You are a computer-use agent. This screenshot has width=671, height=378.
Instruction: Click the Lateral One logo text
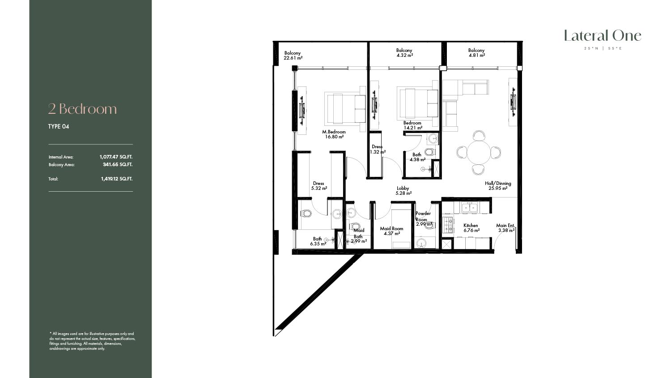pyautogui.click(x=603, y=36)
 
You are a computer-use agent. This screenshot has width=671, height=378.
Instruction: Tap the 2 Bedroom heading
pyautogui.click(x=82, y=109)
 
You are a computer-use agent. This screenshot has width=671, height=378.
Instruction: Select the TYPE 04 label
pyautogui.click(x=59, y=127)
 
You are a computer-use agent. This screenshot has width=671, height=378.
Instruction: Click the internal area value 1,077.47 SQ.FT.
pyautogui.click(x=116, y=157)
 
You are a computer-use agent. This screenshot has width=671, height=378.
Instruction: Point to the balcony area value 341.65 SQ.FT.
pyautogui.click(x=117, y=164)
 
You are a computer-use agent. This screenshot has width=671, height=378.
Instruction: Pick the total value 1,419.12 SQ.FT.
pyautogui.click(x=116, y=179)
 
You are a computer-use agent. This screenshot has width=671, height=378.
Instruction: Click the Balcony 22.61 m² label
pyautogui.click(x=293, y=56)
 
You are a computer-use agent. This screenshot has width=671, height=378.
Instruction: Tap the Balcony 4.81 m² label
pyautogui.click(x=476, y=53)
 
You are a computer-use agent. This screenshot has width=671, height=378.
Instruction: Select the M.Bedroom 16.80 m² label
pyautogui.click(x=334, y=134)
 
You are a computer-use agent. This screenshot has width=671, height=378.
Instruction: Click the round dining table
pyautogui.click(x=478, y=152)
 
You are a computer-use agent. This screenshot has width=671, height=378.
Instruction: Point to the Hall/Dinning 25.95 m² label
pyautogui.click(x=498, y=186)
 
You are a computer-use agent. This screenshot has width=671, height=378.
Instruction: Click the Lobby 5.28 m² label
pyautogui.click(x=403, y=191)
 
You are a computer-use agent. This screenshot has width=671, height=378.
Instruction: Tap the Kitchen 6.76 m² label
pyautogui.click(x=471, y=228)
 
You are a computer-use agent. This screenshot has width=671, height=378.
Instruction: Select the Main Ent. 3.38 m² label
pyautogui.click(x=505, y=228)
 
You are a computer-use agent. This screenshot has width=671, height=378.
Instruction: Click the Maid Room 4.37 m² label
pyautogui.click(x=391, y=231)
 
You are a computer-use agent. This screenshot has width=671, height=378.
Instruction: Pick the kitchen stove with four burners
pyautogui.click(x=448, y=225)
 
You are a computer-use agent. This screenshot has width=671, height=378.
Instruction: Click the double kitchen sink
pyautogui.click(x=469, y=207)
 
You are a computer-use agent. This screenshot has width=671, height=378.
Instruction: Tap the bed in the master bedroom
pyautogui.click(x=345, y=107)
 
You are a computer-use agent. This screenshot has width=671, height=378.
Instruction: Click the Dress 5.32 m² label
pyautogui.click(x=319, y=186)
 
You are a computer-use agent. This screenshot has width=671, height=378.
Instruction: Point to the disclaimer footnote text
pyautogui.click(x=92, y=341)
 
